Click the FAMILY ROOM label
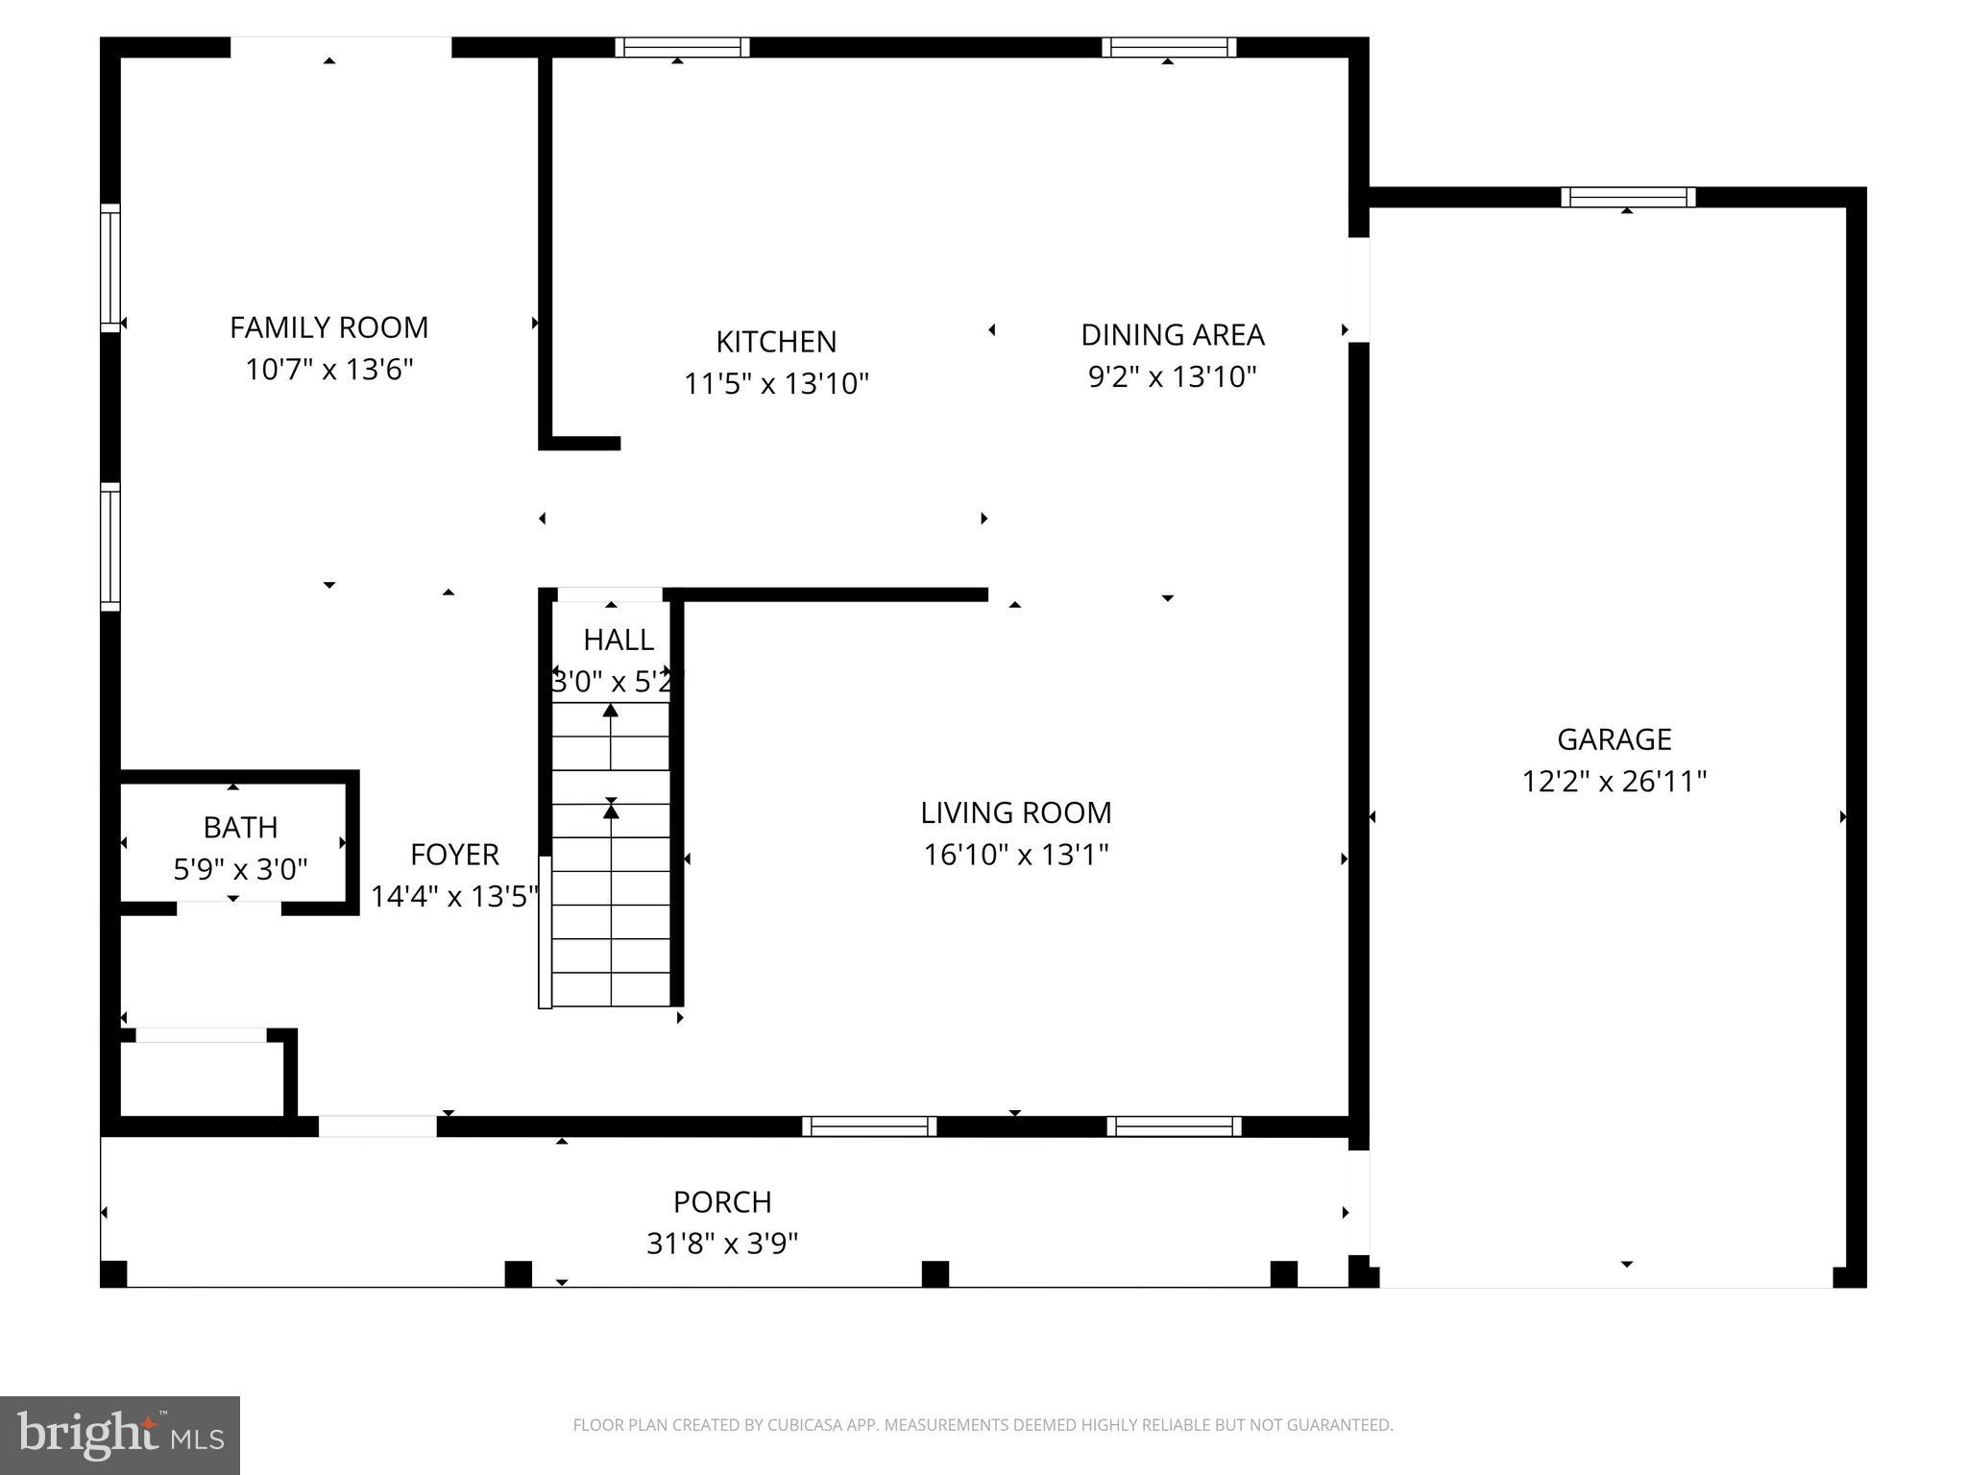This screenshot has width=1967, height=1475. pos(328,327)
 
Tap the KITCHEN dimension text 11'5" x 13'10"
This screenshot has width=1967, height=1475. pos(776,384)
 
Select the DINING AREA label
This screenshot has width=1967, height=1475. pos(1173,335)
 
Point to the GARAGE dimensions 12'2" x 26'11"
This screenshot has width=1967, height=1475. pos(1614,782)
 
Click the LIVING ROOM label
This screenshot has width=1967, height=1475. pos(1015,813)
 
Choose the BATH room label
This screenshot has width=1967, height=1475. pos(240,827)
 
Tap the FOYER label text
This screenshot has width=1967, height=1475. pos(454,855)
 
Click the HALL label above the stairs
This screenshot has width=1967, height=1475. pos(618,640)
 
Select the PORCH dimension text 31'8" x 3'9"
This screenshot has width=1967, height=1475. pos(722,1245)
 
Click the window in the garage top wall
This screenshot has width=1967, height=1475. pos(1628,198)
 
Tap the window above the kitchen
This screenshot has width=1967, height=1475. pos(682,48)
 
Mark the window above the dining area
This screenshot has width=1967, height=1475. pos(1169,48)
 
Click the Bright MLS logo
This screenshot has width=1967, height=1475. pos(120,1435)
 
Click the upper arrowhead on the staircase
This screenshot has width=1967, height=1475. pos(610,712)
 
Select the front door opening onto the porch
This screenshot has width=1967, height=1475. pos(377,1126)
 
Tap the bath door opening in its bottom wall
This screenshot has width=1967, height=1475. pos(229,907)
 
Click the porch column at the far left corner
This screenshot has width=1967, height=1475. pos(113,1273)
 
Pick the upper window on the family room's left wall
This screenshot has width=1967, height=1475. pos(111,268)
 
